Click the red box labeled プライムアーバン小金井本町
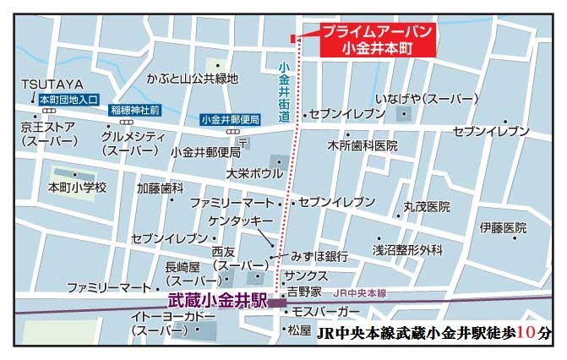(379, 40)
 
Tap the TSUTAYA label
(52, 85)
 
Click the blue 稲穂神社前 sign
(135, 110)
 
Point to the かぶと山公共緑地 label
(192, 79)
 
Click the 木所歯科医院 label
(363, 145)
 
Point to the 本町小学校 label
(78, 187)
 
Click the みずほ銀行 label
(320, 256)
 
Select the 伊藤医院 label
(503, 227)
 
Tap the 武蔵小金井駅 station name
(218, 300)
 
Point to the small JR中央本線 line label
(359, 293)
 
